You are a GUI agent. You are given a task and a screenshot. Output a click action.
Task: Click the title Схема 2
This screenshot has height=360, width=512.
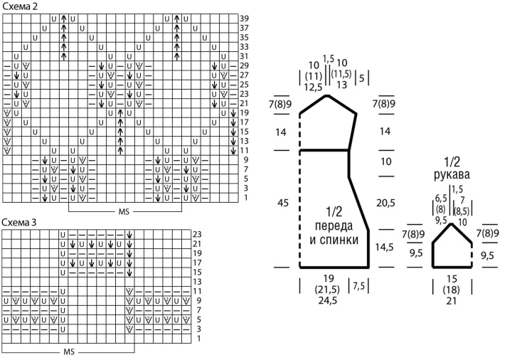click(x=20, y=6)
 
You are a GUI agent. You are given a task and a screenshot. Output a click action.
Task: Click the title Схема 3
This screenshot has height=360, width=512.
click(x=20, y=223)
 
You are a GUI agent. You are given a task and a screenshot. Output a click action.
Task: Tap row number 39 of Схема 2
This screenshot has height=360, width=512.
click(x=244, y=18)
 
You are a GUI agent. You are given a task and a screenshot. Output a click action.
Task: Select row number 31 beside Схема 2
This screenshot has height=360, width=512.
click(x=244, y=55)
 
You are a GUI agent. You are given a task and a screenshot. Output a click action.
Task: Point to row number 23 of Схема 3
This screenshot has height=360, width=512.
click(x=198, y=234)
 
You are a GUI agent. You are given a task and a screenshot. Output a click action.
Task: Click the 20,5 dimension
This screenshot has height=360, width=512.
click(x=386, y=203)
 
